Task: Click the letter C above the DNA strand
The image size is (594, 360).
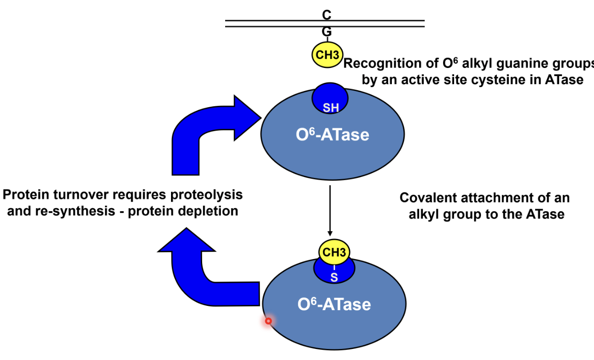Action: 327,15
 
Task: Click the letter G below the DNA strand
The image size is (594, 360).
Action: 327,32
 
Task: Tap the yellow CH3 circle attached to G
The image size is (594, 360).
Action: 327,55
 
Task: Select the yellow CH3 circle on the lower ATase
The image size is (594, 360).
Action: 334,252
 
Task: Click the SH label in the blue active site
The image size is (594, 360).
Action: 331,108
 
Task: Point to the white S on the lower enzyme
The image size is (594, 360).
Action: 334,278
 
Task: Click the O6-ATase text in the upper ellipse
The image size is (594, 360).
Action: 332,135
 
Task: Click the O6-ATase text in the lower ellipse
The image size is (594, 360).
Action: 334,304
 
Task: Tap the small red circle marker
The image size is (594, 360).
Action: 268,321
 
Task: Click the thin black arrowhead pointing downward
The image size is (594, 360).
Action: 330,233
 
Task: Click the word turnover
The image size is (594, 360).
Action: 81,195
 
